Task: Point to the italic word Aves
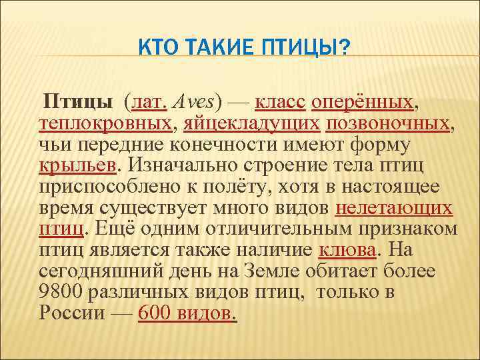(191, 103)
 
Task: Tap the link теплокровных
(106, 124)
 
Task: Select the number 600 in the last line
(154, 313)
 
